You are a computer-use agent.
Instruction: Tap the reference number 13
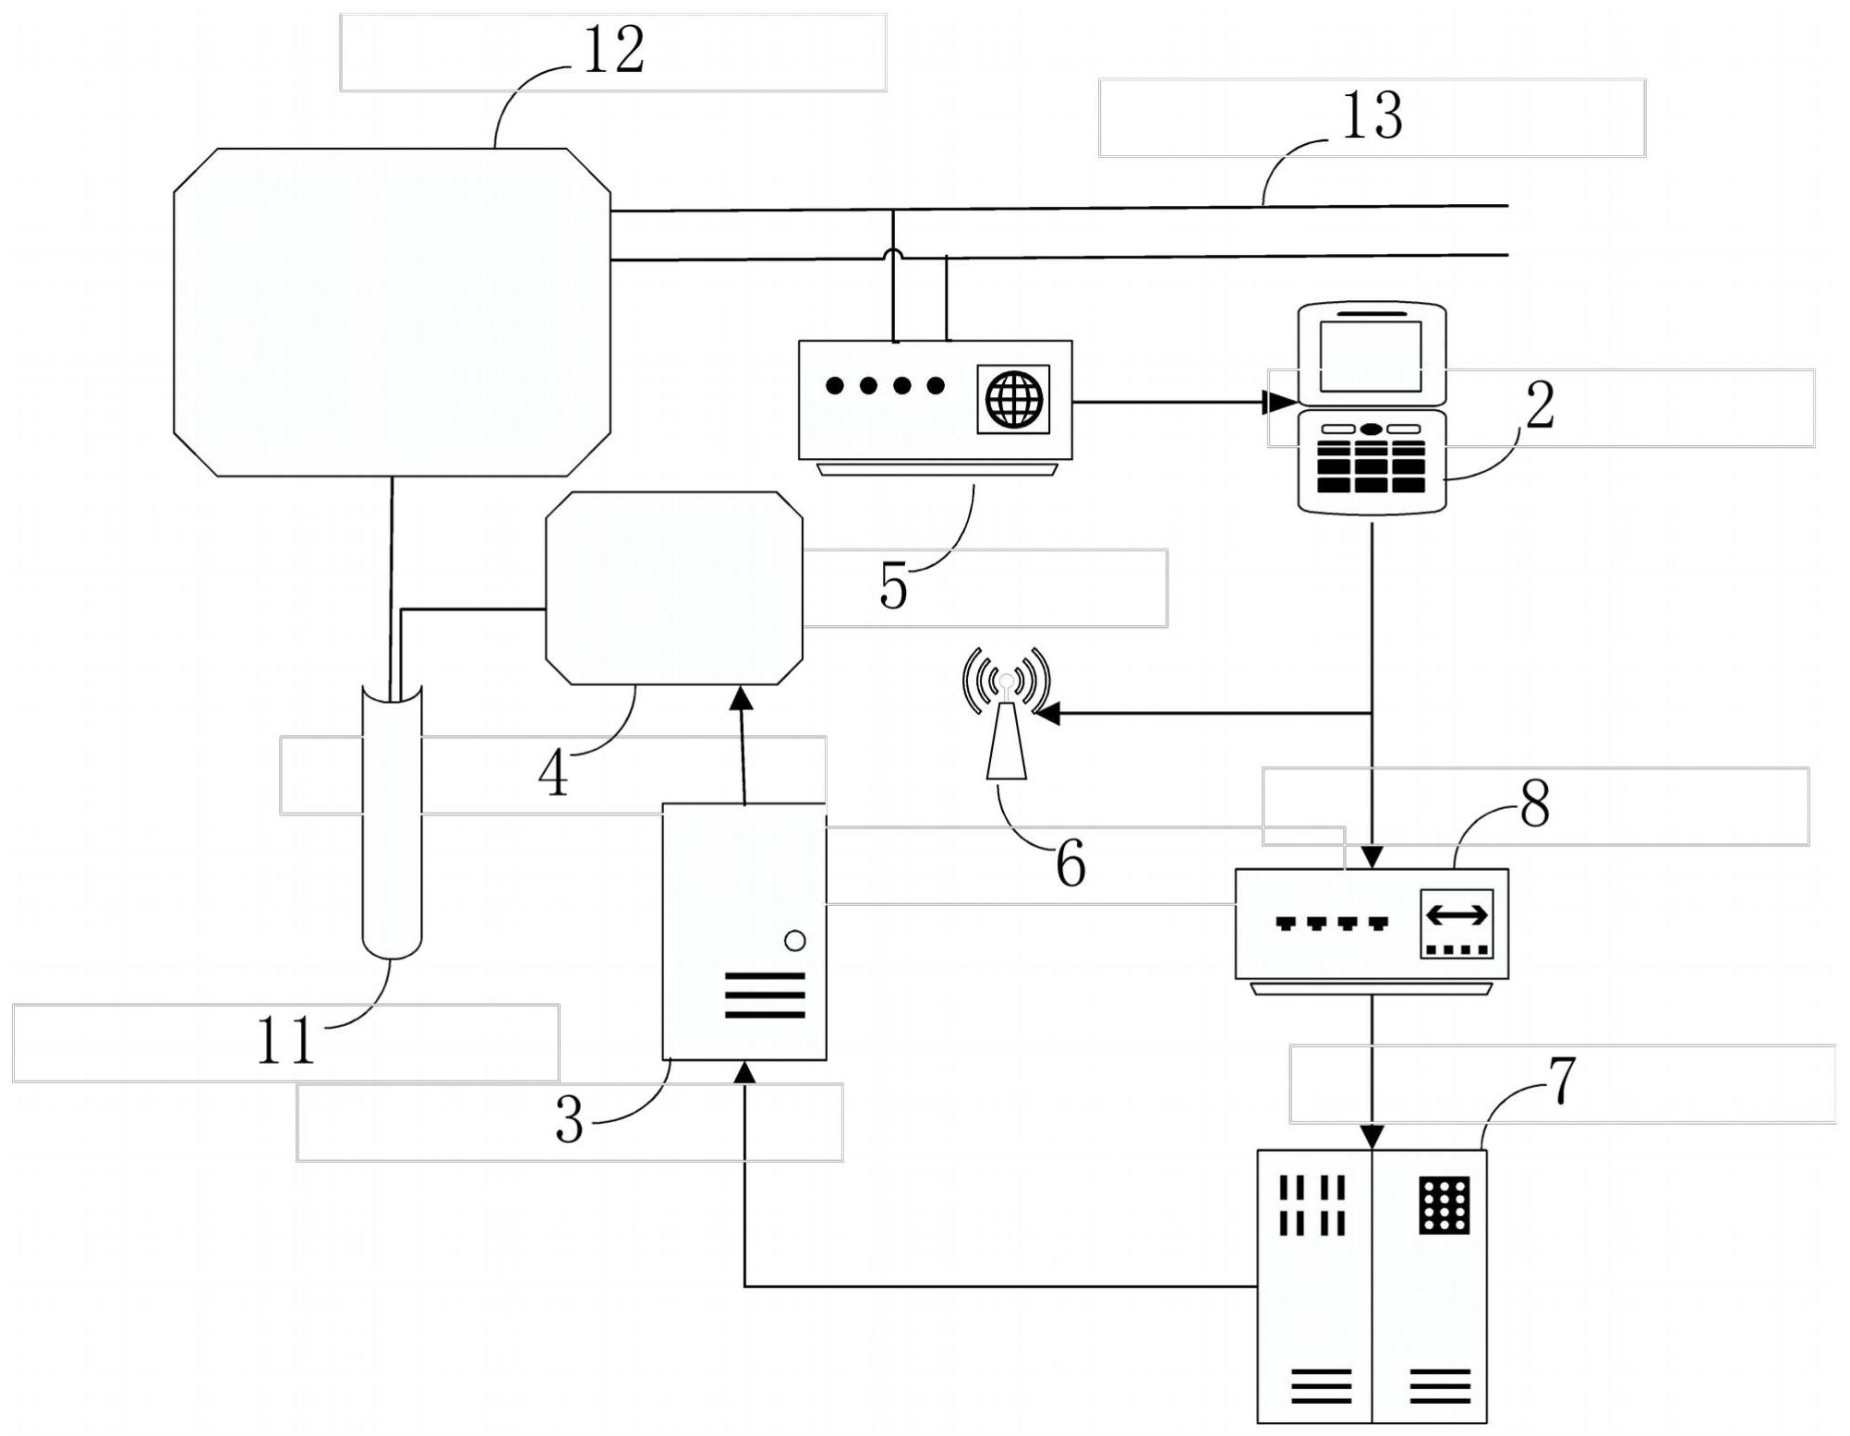pos(1372,117)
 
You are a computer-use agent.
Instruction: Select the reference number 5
pos(893,585)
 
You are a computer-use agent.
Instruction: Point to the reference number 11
pos(285,1041)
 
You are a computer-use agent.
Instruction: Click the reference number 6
pos(1070,864)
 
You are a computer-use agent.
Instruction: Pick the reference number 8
pos(1534,803)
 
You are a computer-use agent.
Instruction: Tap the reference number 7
pos(1560,1081)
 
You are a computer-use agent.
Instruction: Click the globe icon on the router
pos(1014,399)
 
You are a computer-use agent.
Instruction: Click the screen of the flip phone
pos(1371,356)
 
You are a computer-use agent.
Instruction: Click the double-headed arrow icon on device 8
pos(1457,914)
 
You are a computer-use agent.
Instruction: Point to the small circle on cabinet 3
pos(794,941)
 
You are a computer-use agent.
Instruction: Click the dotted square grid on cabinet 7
pos(1444,1205)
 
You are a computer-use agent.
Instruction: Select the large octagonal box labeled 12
pos(392,312)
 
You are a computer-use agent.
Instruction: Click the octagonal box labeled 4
pos(674,588)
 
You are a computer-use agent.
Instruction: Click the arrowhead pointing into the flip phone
pos(1279,402)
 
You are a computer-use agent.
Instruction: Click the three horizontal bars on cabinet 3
pos(765,995)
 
